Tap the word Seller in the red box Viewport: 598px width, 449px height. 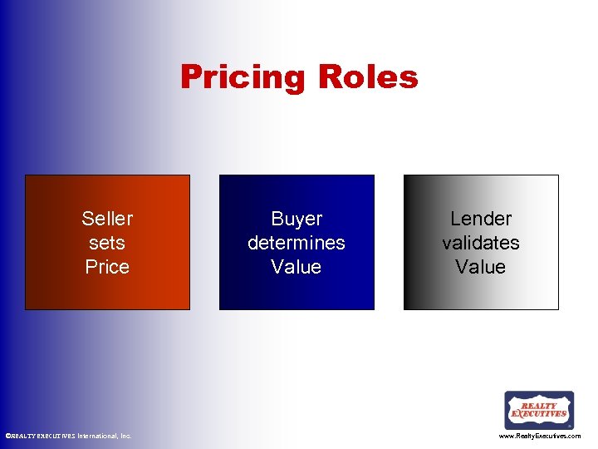point(107,219)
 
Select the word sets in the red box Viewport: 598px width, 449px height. point(107,243)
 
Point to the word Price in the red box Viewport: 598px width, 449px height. point(107,267)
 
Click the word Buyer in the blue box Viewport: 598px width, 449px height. point(297,219)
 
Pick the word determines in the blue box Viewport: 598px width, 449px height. point(297,243)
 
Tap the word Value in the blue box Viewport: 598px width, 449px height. point(297,267)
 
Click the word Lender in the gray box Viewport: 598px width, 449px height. point(481,219)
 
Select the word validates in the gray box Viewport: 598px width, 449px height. point(481,243)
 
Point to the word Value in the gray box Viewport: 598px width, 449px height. point(481,267)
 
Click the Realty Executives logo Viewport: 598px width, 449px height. point(539,410)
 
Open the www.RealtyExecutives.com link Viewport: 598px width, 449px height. point(540,436)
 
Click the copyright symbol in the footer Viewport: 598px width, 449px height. point(7,436)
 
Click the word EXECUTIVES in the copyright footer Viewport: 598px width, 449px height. point(56,436)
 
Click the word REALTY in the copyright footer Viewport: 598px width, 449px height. point(22,436)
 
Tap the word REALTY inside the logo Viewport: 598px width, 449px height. point(539,404)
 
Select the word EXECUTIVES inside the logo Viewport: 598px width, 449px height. point(539,413)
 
